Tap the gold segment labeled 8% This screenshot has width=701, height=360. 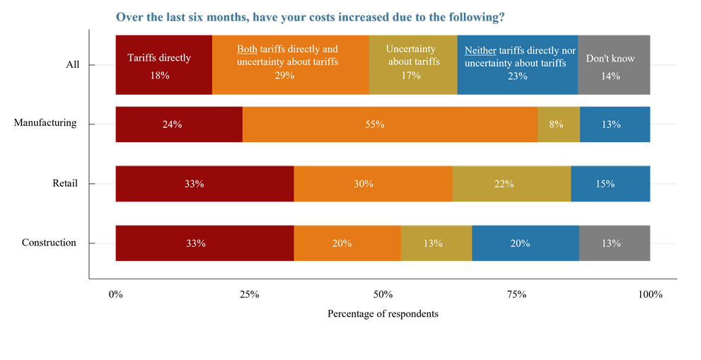pyautogui.click(x=558, y=124)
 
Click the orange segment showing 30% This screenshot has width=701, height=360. pyautogui.click(x=372, y=184)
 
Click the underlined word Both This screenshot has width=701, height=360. pyautogui.click(x=247, y=50)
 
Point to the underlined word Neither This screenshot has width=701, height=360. pyautogui.click(x=480, y=51)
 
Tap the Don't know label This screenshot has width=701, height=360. pyautogui.click(x=610, y=59)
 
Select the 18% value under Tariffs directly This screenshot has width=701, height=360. pyautogui.click(x=160, y=76)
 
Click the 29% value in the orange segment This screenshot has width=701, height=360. pyautogui.click(x=284, y=76)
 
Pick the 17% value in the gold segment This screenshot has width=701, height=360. pyautogui.click(x=411, y=76)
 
